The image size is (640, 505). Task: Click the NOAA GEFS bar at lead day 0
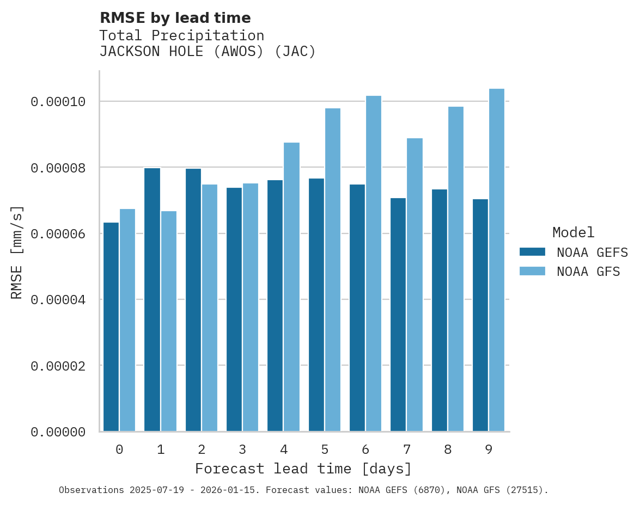(111, 327)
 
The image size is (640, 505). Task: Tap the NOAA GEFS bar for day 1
(152, 299)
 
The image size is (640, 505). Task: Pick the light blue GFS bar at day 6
(374, 263)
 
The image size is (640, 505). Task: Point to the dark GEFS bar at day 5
(316, 305)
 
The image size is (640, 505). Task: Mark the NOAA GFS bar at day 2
(210, 307)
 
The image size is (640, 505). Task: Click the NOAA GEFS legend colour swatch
(532, 251)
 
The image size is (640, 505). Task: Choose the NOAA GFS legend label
(588, 272)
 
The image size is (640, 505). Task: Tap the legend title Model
(573, 233)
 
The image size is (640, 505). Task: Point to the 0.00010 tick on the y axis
(58, 102)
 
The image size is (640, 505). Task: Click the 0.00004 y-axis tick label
(58, 300)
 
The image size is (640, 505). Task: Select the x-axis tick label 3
(242, 450)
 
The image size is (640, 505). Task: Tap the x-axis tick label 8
(448, 450)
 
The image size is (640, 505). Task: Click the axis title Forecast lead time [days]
(303, 469)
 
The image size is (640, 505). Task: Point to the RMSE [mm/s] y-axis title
(17, 252)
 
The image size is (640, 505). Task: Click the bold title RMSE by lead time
(175, 18)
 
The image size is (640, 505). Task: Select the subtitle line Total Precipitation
(181, 36)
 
